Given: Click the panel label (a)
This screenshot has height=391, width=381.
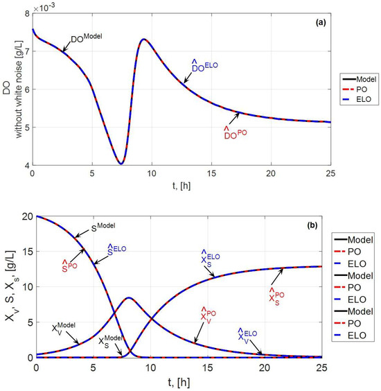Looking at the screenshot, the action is click(x=321, y=23).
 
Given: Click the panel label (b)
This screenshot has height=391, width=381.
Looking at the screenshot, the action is click(x=312, y=225).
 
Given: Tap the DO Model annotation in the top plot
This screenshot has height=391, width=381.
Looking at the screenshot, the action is click(x=87, y=38).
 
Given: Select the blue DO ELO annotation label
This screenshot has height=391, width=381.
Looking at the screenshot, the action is click(x=204, y=66).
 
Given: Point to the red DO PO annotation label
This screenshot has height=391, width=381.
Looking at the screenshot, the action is click(x=236, y=132).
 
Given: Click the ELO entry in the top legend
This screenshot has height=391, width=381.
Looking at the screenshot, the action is click(x=364, y=99).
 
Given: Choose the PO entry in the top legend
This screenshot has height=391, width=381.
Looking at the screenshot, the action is click(x=362, y=89).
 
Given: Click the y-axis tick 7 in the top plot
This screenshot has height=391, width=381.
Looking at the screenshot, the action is click(x=26, y=51).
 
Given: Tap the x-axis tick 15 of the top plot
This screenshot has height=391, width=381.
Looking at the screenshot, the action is click(x=211, y=173).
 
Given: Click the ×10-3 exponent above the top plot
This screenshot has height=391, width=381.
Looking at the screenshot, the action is click(x=44, y=8).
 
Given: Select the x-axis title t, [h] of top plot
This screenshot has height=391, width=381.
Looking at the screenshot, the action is click(x=181, y=186).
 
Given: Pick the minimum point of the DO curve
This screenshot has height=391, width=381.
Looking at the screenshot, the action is click(x=121, y=164).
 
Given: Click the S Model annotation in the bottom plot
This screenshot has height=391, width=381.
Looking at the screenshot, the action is click(x=103, y=227).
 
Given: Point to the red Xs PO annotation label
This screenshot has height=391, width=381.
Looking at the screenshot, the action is click(x=276, y=297).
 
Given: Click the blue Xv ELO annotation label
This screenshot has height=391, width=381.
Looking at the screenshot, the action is click(x=247, y=336).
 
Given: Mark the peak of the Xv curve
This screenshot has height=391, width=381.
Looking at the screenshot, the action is click(x=128, y=297).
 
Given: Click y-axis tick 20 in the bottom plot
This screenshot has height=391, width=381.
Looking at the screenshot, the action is click(x=28, y=216).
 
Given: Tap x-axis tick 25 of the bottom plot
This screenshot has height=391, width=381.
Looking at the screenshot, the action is click(x=321, y=367).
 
